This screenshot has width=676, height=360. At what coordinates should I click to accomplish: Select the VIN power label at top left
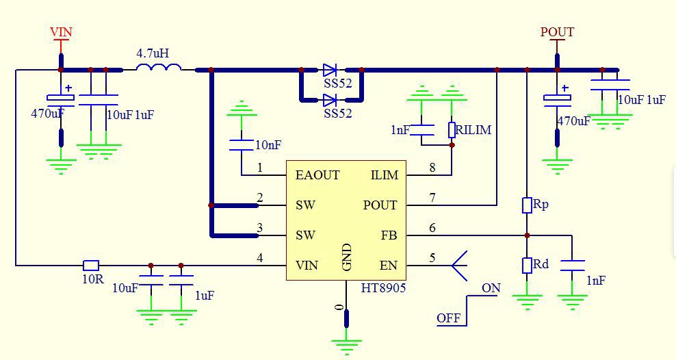[61, 32]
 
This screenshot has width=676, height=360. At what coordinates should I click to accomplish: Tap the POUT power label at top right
[557, 31]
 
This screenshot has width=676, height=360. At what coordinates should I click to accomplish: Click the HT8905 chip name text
[383, 288]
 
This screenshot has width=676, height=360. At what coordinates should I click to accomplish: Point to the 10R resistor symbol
[91, 265]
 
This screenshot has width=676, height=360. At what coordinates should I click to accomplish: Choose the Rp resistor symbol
[527, 205]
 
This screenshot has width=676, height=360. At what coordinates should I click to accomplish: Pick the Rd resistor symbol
[527, 265]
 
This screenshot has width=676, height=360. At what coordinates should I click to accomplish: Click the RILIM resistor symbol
[452, 129]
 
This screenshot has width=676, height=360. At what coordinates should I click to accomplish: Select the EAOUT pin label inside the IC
[317, 175]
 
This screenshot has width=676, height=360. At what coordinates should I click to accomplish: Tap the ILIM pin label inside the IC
[384, 175]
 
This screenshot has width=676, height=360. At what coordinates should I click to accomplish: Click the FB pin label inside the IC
[389, 235]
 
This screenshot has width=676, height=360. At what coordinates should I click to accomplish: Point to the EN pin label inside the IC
[388, 266]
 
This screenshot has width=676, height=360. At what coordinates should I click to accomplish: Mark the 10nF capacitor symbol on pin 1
[241, 144]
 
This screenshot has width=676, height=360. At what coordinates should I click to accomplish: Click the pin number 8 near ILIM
[432, 168]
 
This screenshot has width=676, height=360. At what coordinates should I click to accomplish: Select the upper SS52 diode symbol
[330, 70]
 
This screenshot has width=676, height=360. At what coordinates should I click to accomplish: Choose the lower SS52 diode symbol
[330, 100]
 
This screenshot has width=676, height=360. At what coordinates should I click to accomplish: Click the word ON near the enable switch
[491, 288]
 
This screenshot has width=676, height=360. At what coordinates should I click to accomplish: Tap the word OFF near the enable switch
[449, 318]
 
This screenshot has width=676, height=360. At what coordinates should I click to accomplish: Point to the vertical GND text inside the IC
[347, 257]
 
